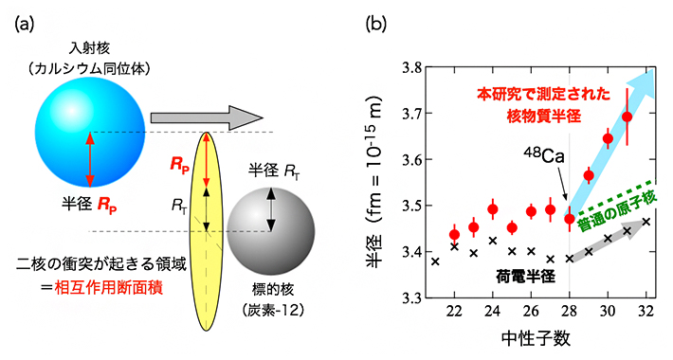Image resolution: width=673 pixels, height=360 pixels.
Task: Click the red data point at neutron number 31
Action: click(627, 117)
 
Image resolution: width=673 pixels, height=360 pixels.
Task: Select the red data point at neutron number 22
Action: click(454, 234)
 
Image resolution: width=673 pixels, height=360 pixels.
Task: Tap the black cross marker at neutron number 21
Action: click(435, 261)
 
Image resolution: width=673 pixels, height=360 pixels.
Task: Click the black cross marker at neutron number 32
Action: click(646, 222)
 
